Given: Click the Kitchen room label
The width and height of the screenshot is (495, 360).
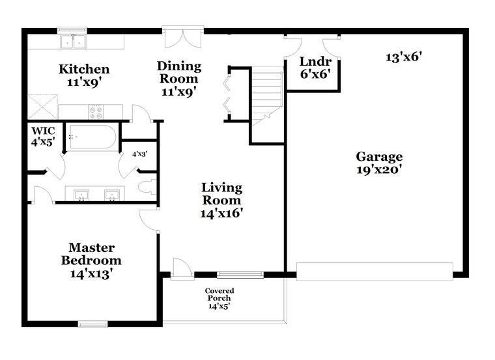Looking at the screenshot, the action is pos(84,69).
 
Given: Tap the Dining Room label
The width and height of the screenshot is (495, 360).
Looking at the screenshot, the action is pos(179,72).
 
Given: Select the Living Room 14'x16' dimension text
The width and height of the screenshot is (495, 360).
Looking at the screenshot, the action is pos(221,214).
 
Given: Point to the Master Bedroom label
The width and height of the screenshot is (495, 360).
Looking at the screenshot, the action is pos(91,254).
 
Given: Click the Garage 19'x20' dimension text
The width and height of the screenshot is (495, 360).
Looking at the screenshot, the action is pos(379,170).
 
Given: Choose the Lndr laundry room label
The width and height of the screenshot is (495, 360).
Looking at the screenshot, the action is pos(315,61).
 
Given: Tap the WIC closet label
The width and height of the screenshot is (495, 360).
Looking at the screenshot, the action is pos(43,131).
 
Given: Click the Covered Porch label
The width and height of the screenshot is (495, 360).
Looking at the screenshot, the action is pos(219,294).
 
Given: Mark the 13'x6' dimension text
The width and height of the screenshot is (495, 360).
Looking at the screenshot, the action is pos(404,57).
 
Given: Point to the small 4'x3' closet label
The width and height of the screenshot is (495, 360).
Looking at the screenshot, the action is pos(140,154).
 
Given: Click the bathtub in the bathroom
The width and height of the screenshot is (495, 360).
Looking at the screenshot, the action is pos(92,137).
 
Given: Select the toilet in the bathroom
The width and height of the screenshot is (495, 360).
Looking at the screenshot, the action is pos(148,187).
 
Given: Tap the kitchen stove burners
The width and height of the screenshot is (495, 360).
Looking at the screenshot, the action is pos(96,112).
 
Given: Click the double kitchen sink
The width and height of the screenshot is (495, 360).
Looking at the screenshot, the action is pos(73,42).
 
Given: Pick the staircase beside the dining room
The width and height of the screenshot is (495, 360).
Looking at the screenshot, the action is pos(267,96).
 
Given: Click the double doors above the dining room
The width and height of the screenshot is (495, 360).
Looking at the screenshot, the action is pos(183,36).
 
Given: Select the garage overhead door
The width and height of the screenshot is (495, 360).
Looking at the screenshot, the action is pos(375,271).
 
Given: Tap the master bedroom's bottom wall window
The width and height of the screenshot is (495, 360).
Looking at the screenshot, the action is pos(92,324).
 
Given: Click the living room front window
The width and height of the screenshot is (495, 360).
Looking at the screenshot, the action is pos(240,275).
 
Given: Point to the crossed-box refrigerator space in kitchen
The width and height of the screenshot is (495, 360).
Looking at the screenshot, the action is pos(42,107).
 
